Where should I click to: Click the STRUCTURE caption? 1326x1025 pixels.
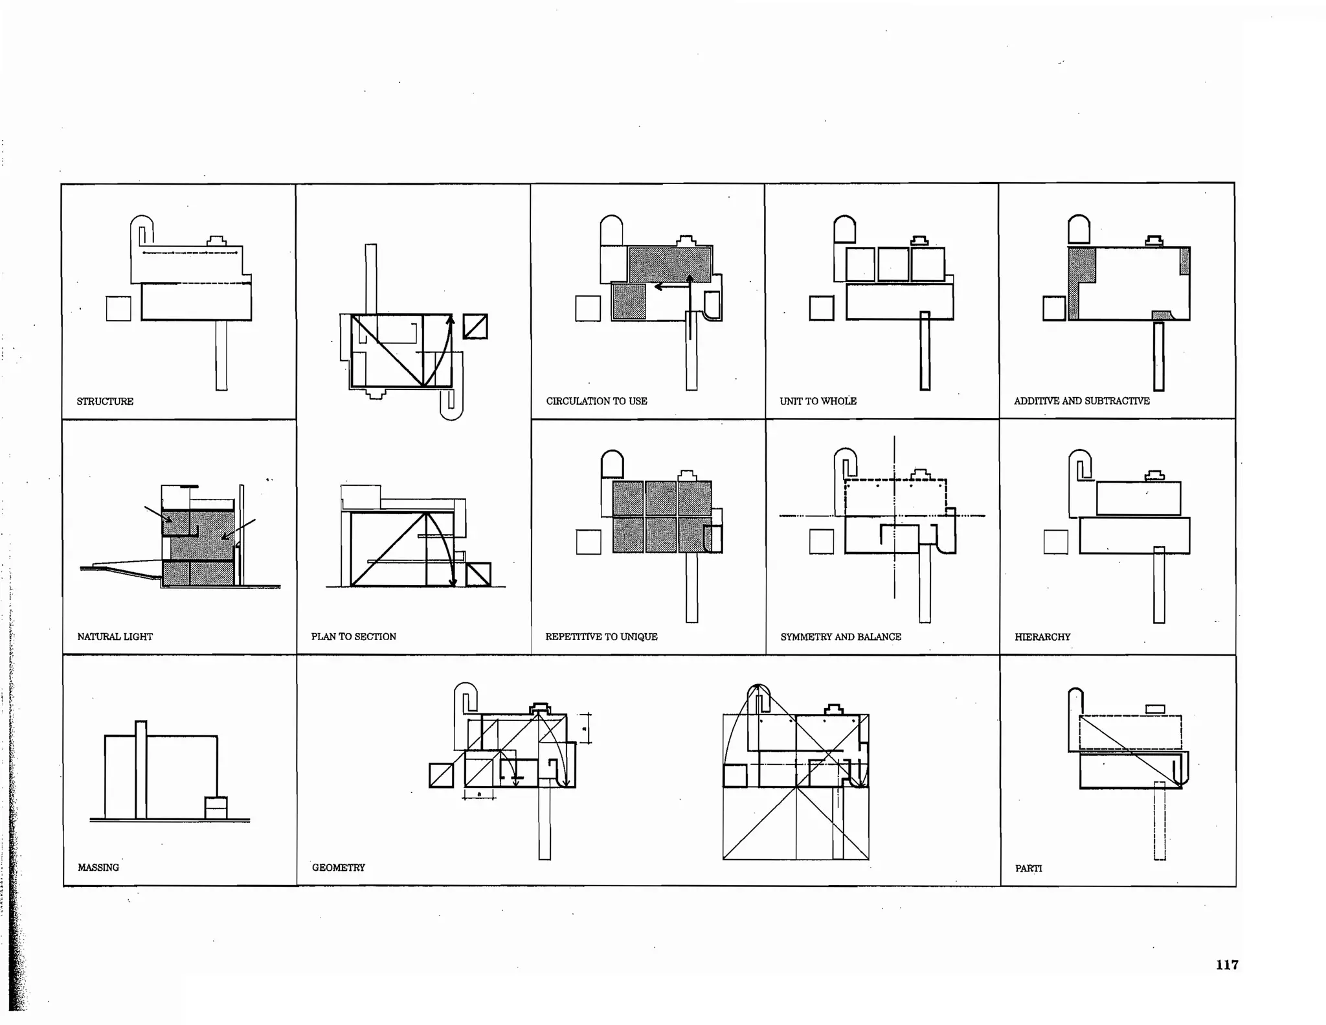pyautogui.click(x=105, y=401)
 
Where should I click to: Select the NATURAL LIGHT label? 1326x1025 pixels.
pyautogui.click(x=115, y=636)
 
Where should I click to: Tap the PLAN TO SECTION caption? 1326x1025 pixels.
pyautogui.click(x=354, y=636)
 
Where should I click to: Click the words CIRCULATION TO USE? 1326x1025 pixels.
pyautogui.click(x=596, y=401)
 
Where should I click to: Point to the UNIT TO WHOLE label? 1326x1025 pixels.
pyautogui.click(x=818, y=401)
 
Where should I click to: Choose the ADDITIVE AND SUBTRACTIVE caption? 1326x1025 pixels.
pyautogui.click(x=1081, y=401)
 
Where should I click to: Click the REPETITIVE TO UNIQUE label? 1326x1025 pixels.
pyautogui.click(x=601, y=636)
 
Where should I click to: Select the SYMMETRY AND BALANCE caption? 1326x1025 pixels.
pyautogui.click(x=840, y=636)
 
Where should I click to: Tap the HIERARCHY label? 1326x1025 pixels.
pyautogui.click(x=1042, y=637)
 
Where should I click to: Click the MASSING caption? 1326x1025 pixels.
pyautogui.click(x=98, y=867)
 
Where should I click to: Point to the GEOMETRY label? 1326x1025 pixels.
pyautogui.click(x=339, y=867)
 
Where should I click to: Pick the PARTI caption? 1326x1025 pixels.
pyautogui.click(x=1028, y=868)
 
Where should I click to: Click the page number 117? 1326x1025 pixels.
pyautogui.click(x=1227, y=965)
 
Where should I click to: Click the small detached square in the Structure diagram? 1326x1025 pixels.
pyautogui.click(x=118, y=308)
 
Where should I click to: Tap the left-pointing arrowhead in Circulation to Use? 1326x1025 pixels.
pyautogui.click(x=658, y=286)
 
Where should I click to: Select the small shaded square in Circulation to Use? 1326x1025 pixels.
pyautogui.click(x=629, y=302)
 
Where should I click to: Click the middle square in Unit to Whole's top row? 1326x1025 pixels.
pyautogui.click(x=893, y=264)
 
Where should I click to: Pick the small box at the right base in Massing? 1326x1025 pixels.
pyautogui.click(x=216, y=807)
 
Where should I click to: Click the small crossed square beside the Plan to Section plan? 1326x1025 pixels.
pyautogui.click(x=475, y=327)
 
